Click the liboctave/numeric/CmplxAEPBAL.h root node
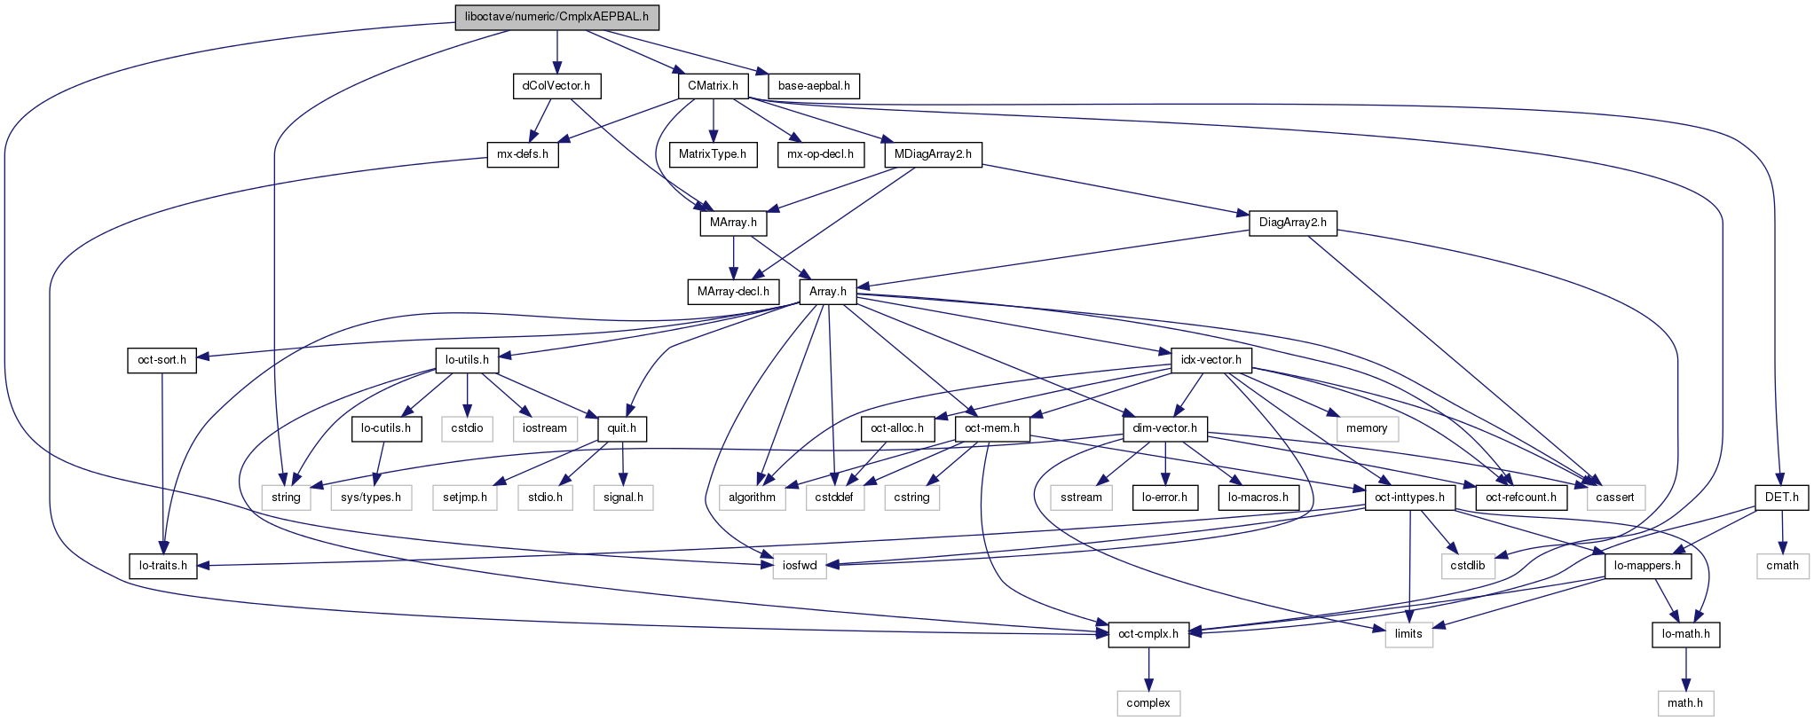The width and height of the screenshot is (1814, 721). point(556,17)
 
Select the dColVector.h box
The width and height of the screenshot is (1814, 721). point(556,86)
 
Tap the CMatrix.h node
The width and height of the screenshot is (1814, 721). point(713,86)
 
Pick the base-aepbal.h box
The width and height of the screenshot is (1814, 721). point(814,86)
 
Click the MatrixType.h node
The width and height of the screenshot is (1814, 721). point(713,154)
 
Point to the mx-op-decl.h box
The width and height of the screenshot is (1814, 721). point(820,154)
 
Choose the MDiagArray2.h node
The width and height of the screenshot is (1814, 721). point(933,154)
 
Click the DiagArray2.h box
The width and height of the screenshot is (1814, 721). point(1292,223)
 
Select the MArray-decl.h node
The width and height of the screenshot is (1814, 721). point(733,292)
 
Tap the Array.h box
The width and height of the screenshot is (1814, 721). point(828,292)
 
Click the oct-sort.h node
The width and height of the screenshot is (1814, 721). point(162,360)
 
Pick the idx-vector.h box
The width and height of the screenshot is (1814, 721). point(1211,360)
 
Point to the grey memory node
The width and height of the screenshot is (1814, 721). point(1367,428)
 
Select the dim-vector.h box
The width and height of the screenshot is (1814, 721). point(1164,428)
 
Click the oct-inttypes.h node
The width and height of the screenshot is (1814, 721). point(1409,498)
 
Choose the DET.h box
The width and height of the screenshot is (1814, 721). point(1781,498)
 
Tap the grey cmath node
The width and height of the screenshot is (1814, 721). point(1782,566)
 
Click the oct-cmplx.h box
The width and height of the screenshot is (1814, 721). point(1148,634)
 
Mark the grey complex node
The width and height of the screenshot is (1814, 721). point(1148,703)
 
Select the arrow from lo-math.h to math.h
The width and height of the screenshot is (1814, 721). point(1685,669)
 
